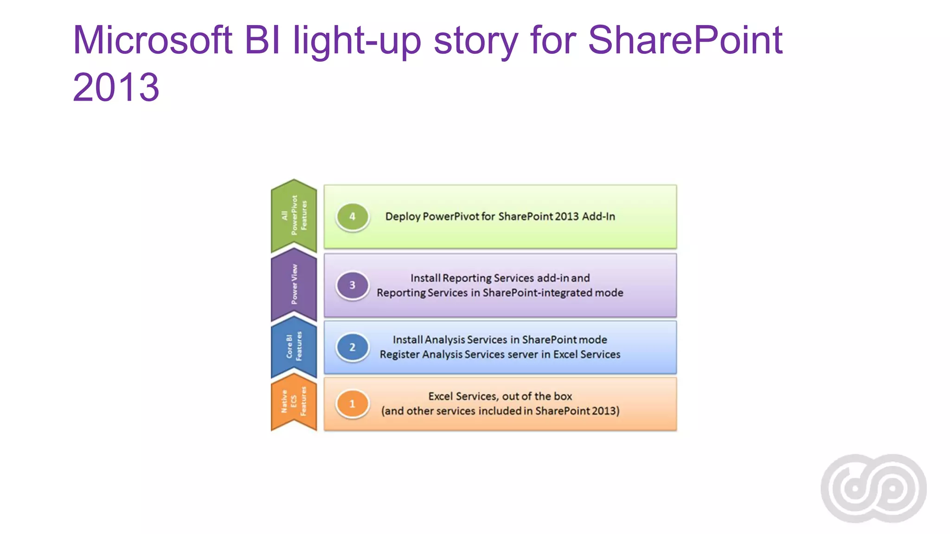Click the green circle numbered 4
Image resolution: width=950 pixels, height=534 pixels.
pos(353,216)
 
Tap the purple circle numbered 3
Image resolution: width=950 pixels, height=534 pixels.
pos(353,285)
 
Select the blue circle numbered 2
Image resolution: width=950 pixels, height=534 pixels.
pos(353,347)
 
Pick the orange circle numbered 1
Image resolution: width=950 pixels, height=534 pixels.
pos(353,404)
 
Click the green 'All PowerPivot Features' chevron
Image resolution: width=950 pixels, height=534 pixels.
pos(294,216)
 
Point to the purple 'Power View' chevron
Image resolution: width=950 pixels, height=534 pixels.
pos(294,285)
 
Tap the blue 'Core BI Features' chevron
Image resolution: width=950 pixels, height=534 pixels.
pos(294,347)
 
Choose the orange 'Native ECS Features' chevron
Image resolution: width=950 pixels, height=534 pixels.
pos(294,402)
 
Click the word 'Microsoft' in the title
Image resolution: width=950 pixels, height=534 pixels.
pos(153,40)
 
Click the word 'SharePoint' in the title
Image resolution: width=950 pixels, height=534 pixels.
pos(685,40)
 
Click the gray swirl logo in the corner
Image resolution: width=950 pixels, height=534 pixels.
pos(873,488)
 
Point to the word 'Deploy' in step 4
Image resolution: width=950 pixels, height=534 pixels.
pos(403,216)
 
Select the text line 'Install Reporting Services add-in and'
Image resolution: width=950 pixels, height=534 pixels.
pos(500,278)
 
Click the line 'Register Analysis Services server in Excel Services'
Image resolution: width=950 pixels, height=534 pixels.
pos(500,355)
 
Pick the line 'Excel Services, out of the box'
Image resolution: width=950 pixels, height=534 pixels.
pos(500,396)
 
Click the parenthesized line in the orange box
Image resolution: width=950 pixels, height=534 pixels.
pos(500,411)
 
